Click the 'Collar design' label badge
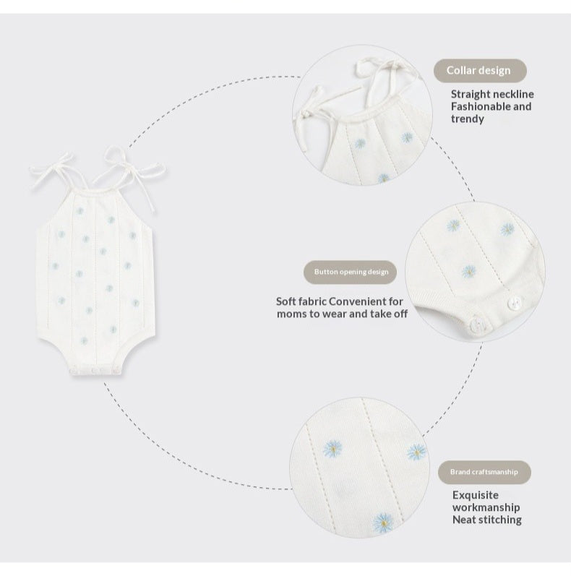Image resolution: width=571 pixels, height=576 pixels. click(x=480, y=71)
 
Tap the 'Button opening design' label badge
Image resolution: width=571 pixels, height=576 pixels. click(x=350, y=272)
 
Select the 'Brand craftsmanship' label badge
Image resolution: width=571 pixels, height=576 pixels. click(x=484, y=472)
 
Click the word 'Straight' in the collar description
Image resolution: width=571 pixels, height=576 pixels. click(x=470, y=95)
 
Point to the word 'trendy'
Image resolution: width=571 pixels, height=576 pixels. click(x=468, y=119)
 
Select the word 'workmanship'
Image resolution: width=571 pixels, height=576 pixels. click(x=486, y=507)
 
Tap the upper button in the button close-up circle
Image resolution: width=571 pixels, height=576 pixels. click(x=513, y=303)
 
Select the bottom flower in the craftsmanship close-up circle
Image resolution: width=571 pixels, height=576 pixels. click(x=383, y=523)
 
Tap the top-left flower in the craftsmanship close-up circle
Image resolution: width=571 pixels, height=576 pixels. click(x=332, y=449)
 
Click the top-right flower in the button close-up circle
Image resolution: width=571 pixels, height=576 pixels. click(x=507, y=229)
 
